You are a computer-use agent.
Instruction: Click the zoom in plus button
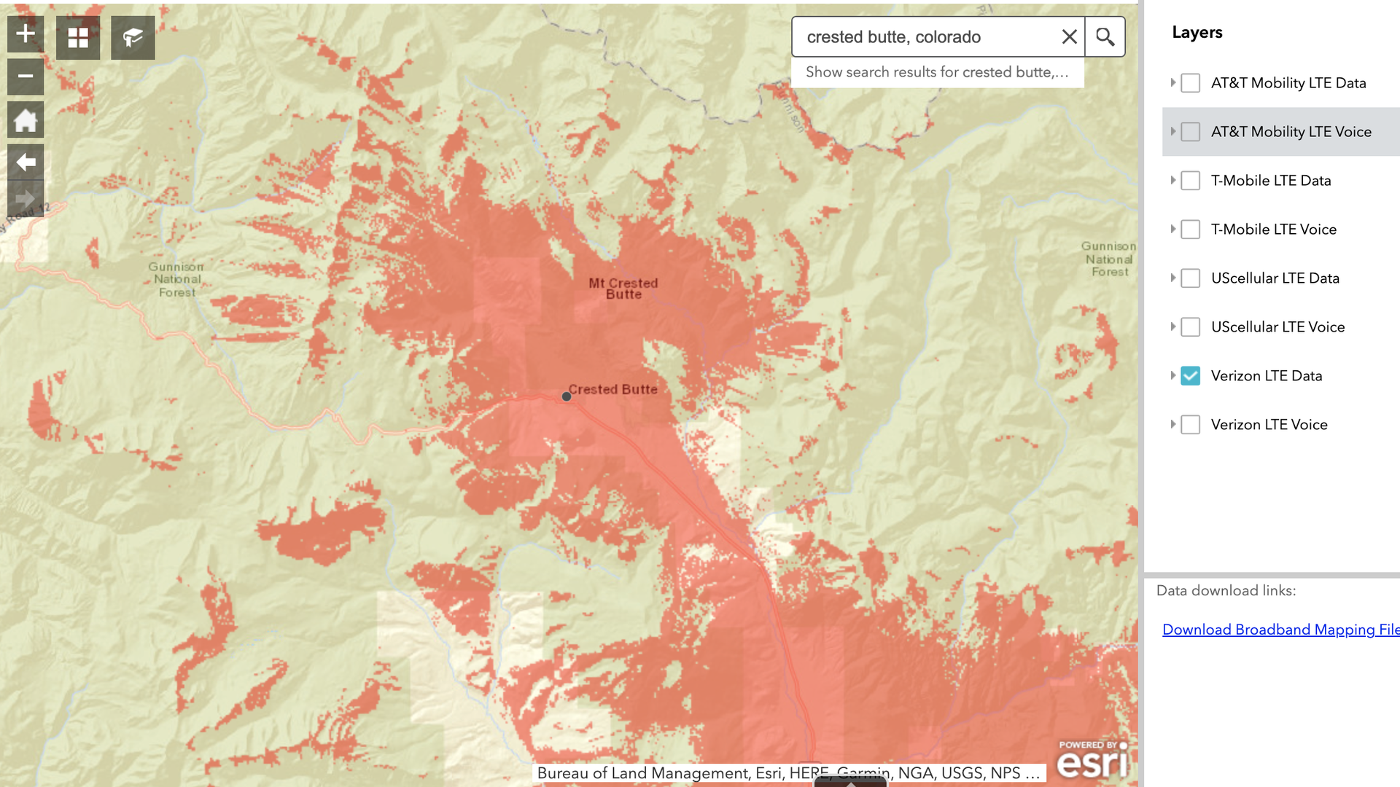coord(26,34)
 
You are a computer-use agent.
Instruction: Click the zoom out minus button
coord(26,77)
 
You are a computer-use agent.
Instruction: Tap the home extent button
coord(26,120)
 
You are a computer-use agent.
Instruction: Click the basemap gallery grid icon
coord(78,38)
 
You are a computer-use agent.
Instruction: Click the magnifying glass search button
coord(1105,37)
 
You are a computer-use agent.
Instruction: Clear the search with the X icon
coord(1069,37)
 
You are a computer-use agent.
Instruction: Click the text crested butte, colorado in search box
coord(893,37)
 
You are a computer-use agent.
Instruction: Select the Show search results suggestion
coord(937,72)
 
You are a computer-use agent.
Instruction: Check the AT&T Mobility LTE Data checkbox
coord(1190,83)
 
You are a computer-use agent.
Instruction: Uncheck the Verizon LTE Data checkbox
coord(1190,376)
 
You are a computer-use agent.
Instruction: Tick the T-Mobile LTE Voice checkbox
coord(1190,230)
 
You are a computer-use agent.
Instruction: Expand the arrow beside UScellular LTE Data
coord(1172,278)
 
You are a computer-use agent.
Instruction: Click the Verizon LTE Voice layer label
coord(1269,425)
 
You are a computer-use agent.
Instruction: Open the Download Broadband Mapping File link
coord(1280,630)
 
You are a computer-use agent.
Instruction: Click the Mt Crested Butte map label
coord(623,289)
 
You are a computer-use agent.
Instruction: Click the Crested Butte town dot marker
coord(567,396)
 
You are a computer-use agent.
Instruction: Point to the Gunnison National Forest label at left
coord(176,280)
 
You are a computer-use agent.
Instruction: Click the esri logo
coord(1092,760)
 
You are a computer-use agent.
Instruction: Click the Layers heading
coord(1197,33)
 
